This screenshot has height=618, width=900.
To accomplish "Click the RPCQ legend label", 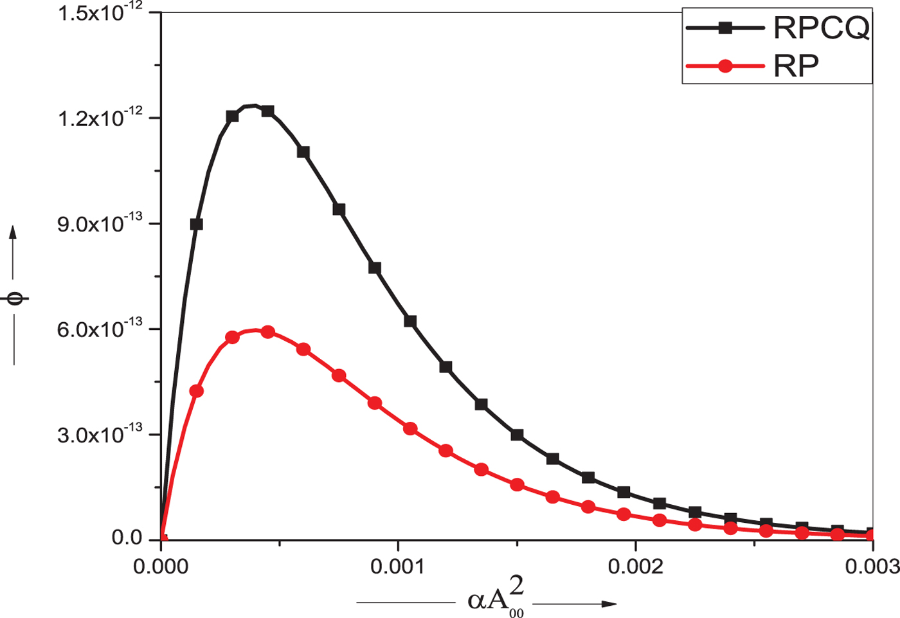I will pyautogui.click(x=821, y=28).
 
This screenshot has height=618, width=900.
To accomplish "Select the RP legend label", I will pyautogui.click(x=796, y=66).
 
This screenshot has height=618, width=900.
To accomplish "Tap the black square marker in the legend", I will pyautogui.click(x=725, y=28).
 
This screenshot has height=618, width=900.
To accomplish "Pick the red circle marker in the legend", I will pyautogui.click(x=725, y=66).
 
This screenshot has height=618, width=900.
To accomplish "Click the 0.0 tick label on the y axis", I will pyautogui.click(x=127, y=538).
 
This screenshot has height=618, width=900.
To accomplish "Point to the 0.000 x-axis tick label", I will pyautogui.click(x=161, y=566).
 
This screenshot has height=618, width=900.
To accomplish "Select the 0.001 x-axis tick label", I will pyautogui.click(x=398, y=566).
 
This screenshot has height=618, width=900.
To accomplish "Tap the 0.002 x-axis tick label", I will pyautogui.click(x=635, y=566).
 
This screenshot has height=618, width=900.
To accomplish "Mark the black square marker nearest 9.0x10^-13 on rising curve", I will pyautogui.click(x=197, y=224).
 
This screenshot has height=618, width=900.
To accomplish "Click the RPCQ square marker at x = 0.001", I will pyautogui.click(x=410, y=322).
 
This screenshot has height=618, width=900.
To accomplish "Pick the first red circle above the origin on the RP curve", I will pyautogui.click(x=197, y=391).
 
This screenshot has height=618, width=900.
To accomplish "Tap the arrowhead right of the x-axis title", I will pyautogui.click(x=609, y=604).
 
